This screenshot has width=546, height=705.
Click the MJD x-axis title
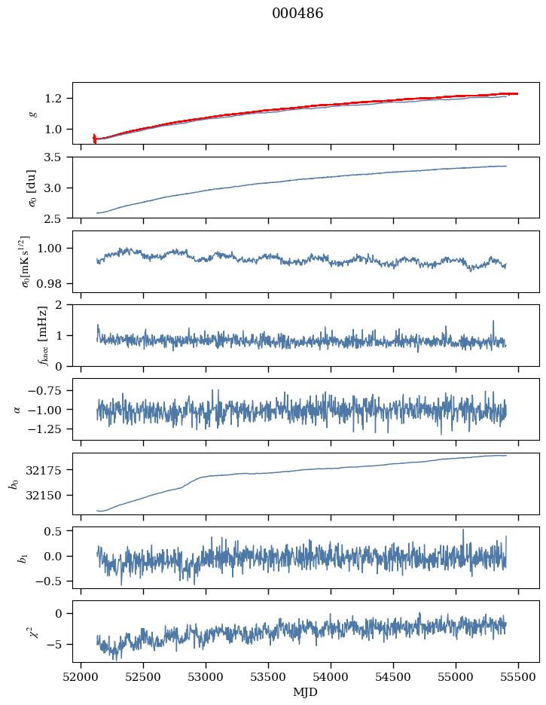tap(306, 692)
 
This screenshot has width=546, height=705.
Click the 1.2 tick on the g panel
tap(58, 99)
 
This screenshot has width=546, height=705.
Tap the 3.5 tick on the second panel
tap(58, 157)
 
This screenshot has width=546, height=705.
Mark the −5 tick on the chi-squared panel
tap(58, 645)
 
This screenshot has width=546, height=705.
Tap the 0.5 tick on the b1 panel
tap(58, 531)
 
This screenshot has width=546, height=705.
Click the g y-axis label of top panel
tap(32, 113)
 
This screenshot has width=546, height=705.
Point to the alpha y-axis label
tap(18, 409)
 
